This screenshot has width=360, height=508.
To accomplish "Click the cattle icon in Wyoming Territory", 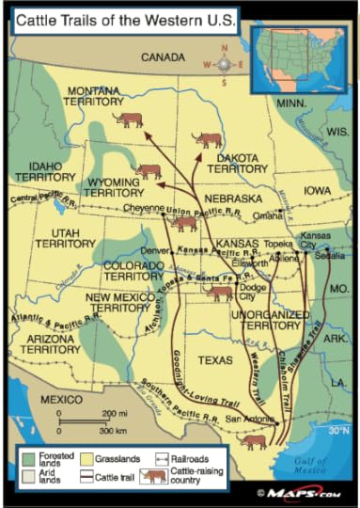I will [x=148, y=171].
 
